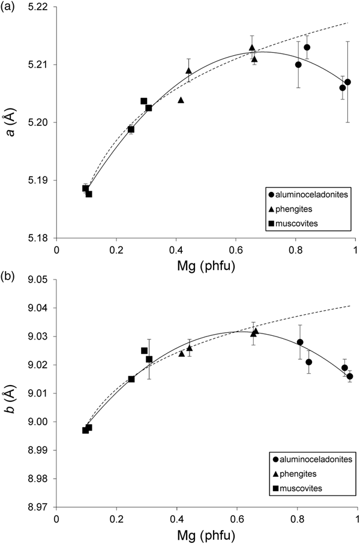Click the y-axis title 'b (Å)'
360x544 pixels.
pos(10,393)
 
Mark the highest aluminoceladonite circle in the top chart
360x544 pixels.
pos(307,47)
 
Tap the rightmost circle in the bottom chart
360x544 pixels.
pos(350,377)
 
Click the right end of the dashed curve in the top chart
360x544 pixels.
pos(347,23)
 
